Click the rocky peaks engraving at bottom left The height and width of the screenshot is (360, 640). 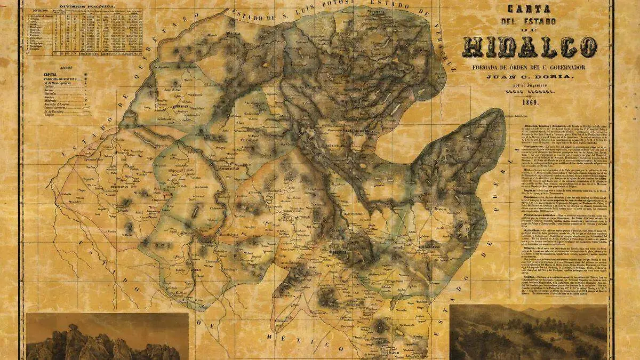tap(107, 336)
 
